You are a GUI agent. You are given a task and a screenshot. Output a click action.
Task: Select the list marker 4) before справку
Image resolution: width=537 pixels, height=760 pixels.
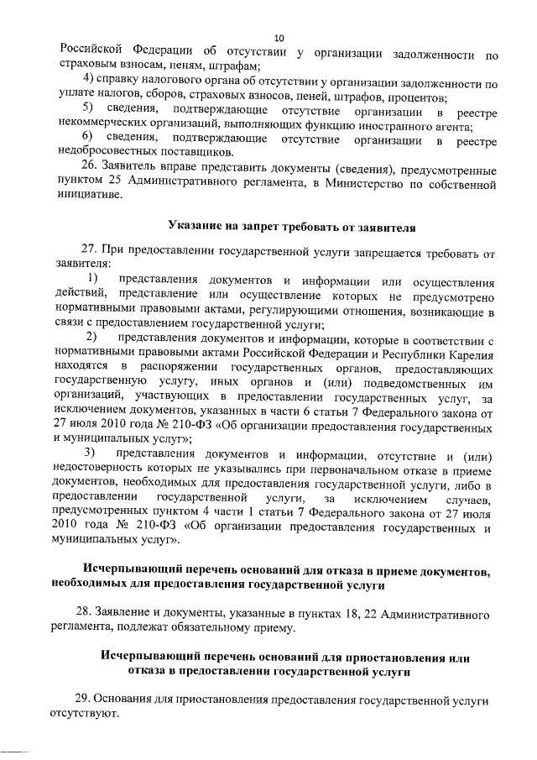pos(86,81)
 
